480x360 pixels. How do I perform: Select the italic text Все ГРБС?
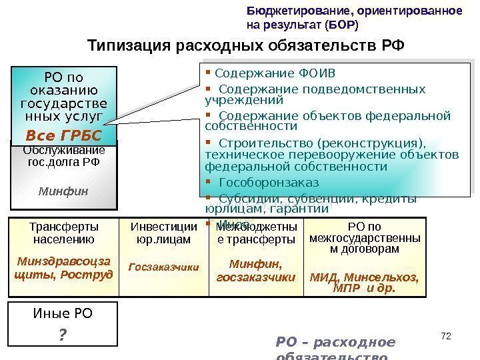click(63, 135)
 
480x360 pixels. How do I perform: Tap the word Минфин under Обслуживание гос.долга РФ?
click(63, 191)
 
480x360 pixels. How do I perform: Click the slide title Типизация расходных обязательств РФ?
click(246, 46)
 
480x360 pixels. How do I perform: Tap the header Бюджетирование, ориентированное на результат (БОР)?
click(354, 19)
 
